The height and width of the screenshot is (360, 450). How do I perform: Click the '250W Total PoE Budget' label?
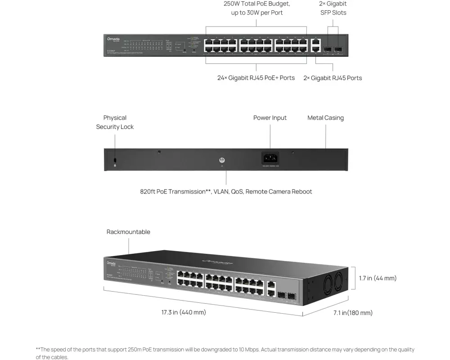point(257,4)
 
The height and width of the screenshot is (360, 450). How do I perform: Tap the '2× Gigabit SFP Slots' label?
point(333,8)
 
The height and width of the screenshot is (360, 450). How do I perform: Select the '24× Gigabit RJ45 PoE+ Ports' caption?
point(256,78)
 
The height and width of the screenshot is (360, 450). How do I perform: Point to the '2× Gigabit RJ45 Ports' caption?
point(333,78)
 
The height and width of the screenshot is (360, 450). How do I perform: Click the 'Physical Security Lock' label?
point(115,122)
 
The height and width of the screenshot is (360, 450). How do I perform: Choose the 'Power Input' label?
point(270,118)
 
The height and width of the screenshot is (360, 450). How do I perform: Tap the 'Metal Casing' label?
point(325,118)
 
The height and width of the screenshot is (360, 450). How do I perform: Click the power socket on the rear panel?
point(270,158)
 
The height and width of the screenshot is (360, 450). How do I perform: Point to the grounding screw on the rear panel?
point(221,160)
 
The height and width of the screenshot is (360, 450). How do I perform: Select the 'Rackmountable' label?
point(128,232)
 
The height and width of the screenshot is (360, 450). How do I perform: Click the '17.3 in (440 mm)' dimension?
point(184,312)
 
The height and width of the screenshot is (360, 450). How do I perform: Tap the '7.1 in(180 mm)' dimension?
point(353,313)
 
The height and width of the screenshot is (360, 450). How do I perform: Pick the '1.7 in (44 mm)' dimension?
point(378,278)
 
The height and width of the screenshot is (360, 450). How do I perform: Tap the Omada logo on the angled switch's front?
point(111,263)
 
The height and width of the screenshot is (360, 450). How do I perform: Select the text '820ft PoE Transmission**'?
point(175,192)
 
